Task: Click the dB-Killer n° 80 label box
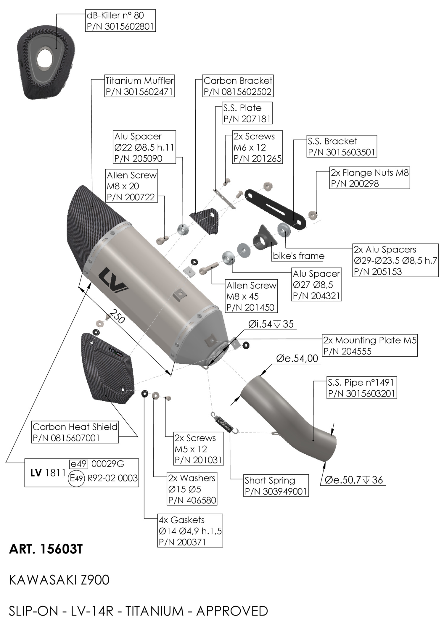point(120,20)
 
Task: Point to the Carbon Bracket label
point(238,86)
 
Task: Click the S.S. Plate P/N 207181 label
point(247,113)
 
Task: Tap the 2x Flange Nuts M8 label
point(370,178)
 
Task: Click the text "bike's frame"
point(299,256)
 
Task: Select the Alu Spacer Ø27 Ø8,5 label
point(317,284)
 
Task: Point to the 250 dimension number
point(118,316)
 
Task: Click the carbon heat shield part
point(107,368)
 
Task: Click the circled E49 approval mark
point(76,478)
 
